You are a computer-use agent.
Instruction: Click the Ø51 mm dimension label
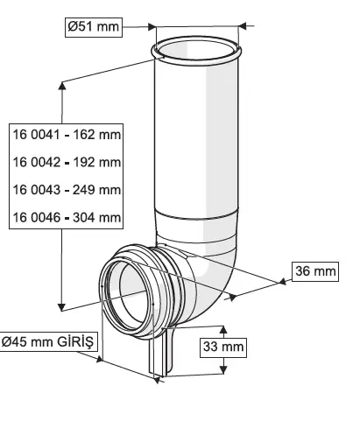click(x=94, y=27)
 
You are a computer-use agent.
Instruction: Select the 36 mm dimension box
click(x=315, y=271)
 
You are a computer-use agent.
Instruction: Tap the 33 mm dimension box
click(x=223, y=347)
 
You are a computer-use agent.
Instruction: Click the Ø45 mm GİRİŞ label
click(x=48, y=341)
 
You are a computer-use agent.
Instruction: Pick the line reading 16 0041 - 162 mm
click(x=67, y=135)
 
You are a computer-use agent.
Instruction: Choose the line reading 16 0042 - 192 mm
click(x=67, y=162)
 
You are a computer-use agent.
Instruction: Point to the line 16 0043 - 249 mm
click(x=67, y=190)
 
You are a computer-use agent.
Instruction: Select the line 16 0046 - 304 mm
click(x=67, y=218)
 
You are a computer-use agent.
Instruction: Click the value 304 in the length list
click(x=84, y=218)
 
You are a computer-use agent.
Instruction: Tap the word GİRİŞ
click(x=75, y=341)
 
